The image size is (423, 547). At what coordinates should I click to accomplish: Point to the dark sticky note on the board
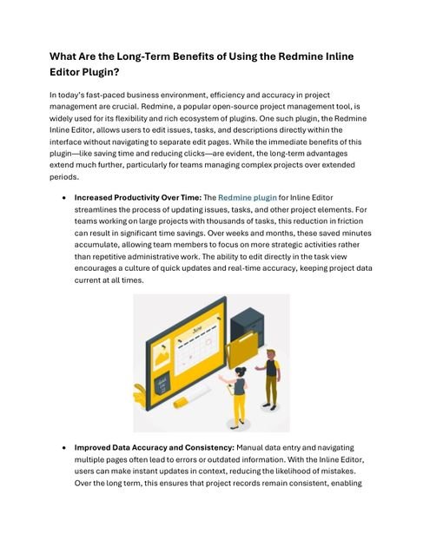(x=162, y=383)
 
